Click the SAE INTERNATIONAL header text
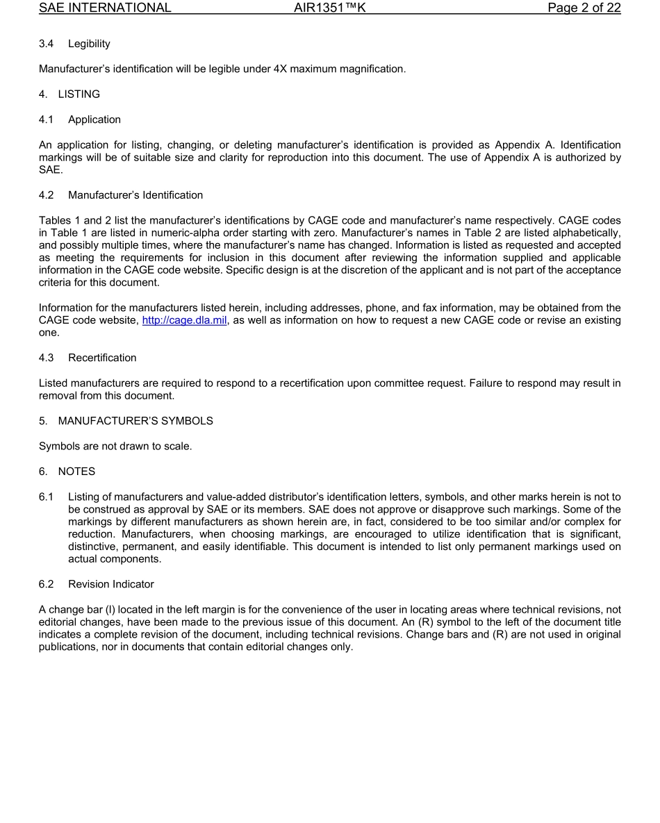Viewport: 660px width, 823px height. pos(105,8)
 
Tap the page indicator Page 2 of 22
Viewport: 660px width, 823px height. pos(584,8)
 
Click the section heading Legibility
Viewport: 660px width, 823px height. pos(89,44)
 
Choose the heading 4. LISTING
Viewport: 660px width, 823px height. pos(69,94)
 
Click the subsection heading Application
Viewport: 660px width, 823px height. pos(94,119)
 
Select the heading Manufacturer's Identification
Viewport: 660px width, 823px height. pos(135,195)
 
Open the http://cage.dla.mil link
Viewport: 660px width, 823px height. pos(184,320)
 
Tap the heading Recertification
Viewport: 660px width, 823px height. pos(102,358)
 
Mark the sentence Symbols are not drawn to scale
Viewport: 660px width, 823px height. pos(115,446)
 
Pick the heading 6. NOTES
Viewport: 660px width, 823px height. pos(67,472)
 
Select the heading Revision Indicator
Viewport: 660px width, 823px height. pos(111,584)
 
